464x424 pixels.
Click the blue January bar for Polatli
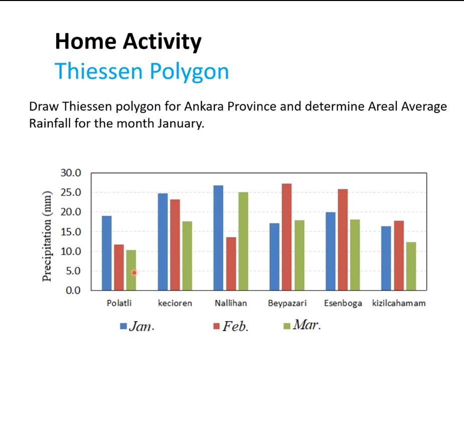click(x=107, y=253)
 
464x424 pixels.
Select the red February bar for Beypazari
click(x=286, y=237)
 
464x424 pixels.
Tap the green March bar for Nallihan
click(x=243, y=241)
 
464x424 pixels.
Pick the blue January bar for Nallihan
click(x=218, y=238)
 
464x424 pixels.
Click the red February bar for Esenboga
click(x=343, y=240)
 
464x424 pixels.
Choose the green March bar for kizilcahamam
click(x=411, y=266)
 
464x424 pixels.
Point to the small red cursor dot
click(x=134, y=272)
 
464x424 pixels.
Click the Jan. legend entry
click(x=137, y=326)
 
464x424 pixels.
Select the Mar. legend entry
click(x=302, y=325)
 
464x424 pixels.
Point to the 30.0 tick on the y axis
click(x=71, y=173)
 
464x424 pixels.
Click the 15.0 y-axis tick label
click(x=71, y=232)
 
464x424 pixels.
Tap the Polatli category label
click(x=119, y=303)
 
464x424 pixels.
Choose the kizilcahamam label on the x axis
click(x=399, y=303)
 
